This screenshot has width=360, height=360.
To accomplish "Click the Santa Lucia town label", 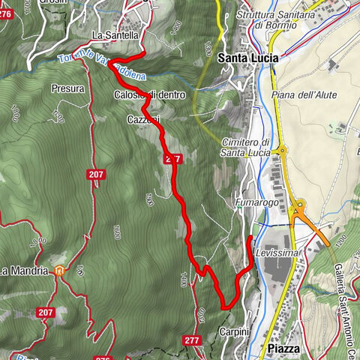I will click(x=248, y=57).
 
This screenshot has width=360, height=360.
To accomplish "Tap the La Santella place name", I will click(x=115, y=35).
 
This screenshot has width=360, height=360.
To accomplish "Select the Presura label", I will click(x=67, y=88).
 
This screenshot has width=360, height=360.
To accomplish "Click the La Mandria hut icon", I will click(x=58, y=271).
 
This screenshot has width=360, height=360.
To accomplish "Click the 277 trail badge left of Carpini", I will click(x=191, y=340).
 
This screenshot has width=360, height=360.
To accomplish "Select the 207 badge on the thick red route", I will click(x=173, y=160).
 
